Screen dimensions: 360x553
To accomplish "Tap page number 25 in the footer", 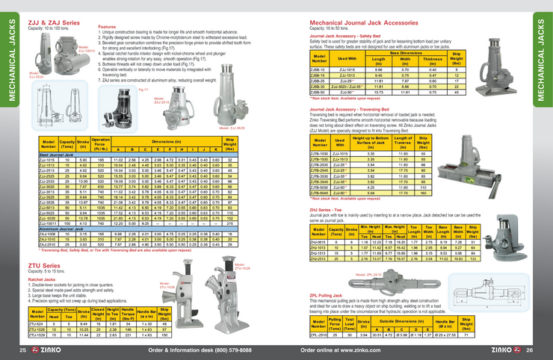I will point(23,350).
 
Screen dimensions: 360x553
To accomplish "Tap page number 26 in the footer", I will point(530,350).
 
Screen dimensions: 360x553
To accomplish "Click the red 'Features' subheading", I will point(107,26).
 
